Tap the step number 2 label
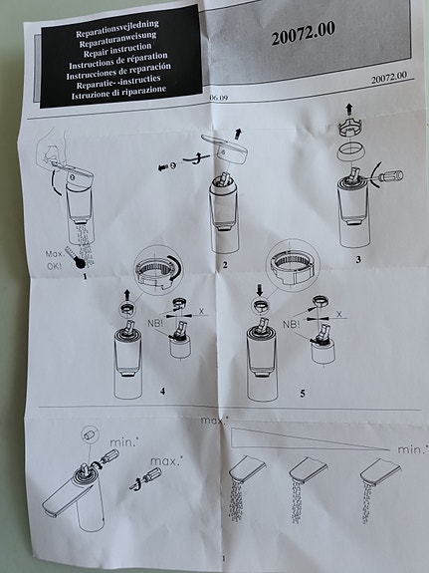225,265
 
